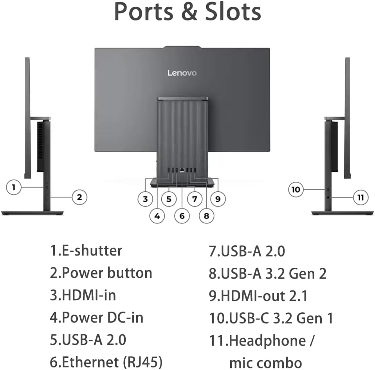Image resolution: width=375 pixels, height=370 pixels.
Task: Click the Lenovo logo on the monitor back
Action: point(182,73)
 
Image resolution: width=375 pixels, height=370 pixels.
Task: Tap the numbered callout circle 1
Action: point(14,187)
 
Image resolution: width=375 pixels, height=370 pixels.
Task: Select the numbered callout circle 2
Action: point(79,197)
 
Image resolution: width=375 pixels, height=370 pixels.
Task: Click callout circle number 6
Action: point(182,216)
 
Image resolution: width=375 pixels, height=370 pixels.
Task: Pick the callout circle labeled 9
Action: point(218,199)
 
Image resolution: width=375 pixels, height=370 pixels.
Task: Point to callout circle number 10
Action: point(296,190)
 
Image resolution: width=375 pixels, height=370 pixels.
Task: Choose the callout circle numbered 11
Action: point(361,197)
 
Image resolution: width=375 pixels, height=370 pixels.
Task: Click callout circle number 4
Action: point(157,216)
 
